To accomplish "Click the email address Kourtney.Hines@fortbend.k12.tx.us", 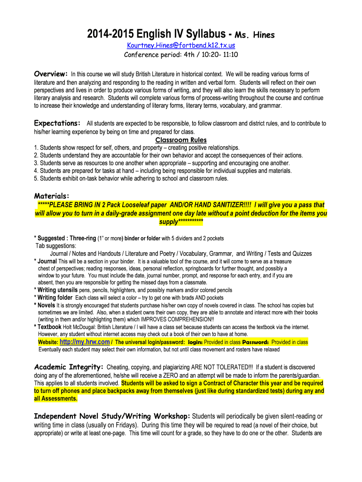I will (x=181, y=45).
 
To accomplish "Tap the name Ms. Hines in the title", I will (x=254, y=35).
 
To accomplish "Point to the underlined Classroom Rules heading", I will (x=181, y=140).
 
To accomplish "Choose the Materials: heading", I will (x=52, y=196).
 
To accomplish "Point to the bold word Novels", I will (x=47, y=305).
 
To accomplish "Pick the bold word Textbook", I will (x=49, y=327).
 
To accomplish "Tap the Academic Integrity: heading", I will (x=69, y=367).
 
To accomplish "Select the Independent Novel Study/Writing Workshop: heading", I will (x=112, y=416).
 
